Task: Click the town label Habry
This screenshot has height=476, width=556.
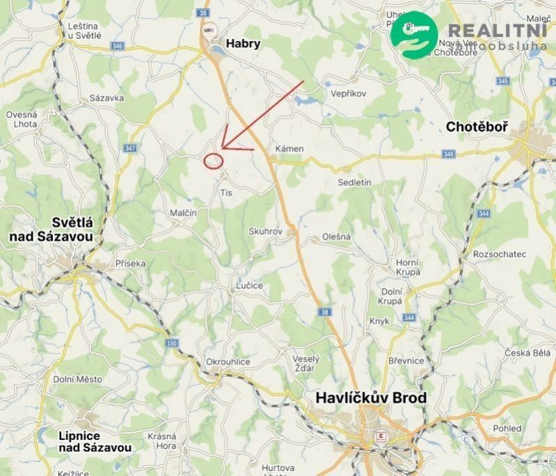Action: point(243,44)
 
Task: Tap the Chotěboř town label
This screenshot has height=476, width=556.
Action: point(477,127)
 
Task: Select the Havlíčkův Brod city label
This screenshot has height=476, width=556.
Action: point(371,398)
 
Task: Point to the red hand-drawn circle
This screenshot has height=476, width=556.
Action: point(214,161)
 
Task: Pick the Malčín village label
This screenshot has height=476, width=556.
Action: point(183,213)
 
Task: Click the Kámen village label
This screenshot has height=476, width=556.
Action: point(289,149)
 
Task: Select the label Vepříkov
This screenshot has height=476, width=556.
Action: point(349,93)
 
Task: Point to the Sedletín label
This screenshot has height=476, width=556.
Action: point(355,182)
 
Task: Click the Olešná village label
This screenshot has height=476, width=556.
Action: point(336,237)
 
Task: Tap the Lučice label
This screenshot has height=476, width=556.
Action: point(249,286)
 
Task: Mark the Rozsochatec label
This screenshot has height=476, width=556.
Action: point(499,255)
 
